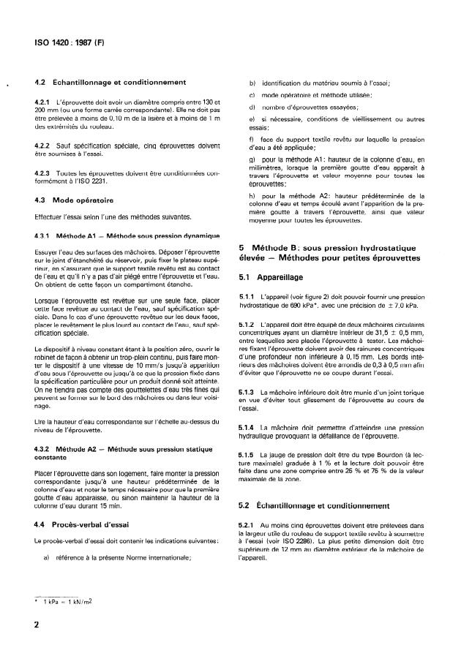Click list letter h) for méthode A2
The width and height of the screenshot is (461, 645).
(252, 197)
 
